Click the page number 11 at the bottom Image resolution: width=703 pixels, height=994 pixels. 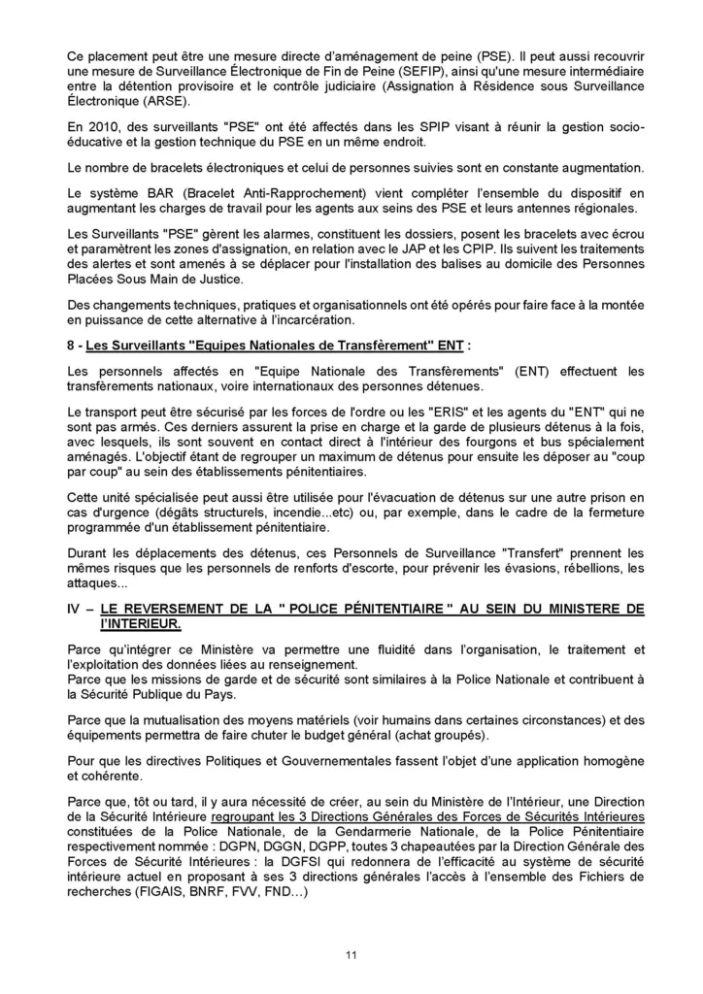[x=351, y=955]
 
